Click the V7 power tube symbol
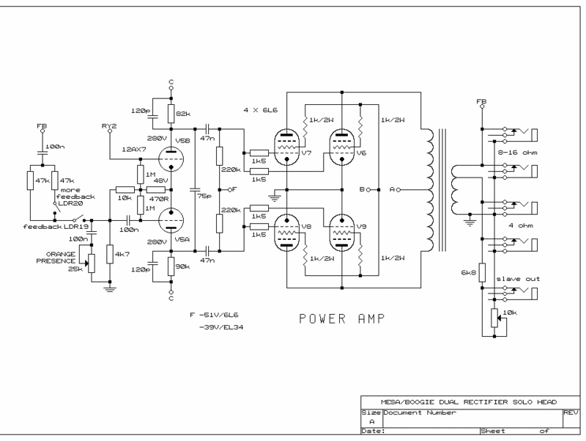pos(286,147)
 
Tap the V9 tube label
pos(361,227)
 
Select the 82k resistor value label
pos(182,114)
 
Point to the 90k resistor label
pos(182,266)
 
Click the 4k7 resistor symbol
pos(109,255)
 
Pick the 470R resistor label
pos(158,199)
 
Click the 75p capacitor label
pos(204,196)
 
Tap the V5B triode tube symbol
pos(171,158)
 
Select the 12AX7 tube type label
pos(134,150)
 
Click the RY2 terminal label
pos(109,125)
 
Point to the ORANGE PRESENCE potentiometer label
pos(56,258)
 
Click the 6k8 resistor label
pos(468,272)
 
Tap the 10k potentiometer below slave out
pos(494,318)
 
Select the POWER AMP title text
pos(341,319)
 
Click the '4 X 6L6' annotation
pos(261,110)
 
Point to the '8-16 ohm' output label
pos(517,153)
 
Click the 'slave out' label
pos(518,279)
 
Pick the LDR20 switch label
pos(70,203)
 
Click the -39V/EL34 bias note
pos(221,327)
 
